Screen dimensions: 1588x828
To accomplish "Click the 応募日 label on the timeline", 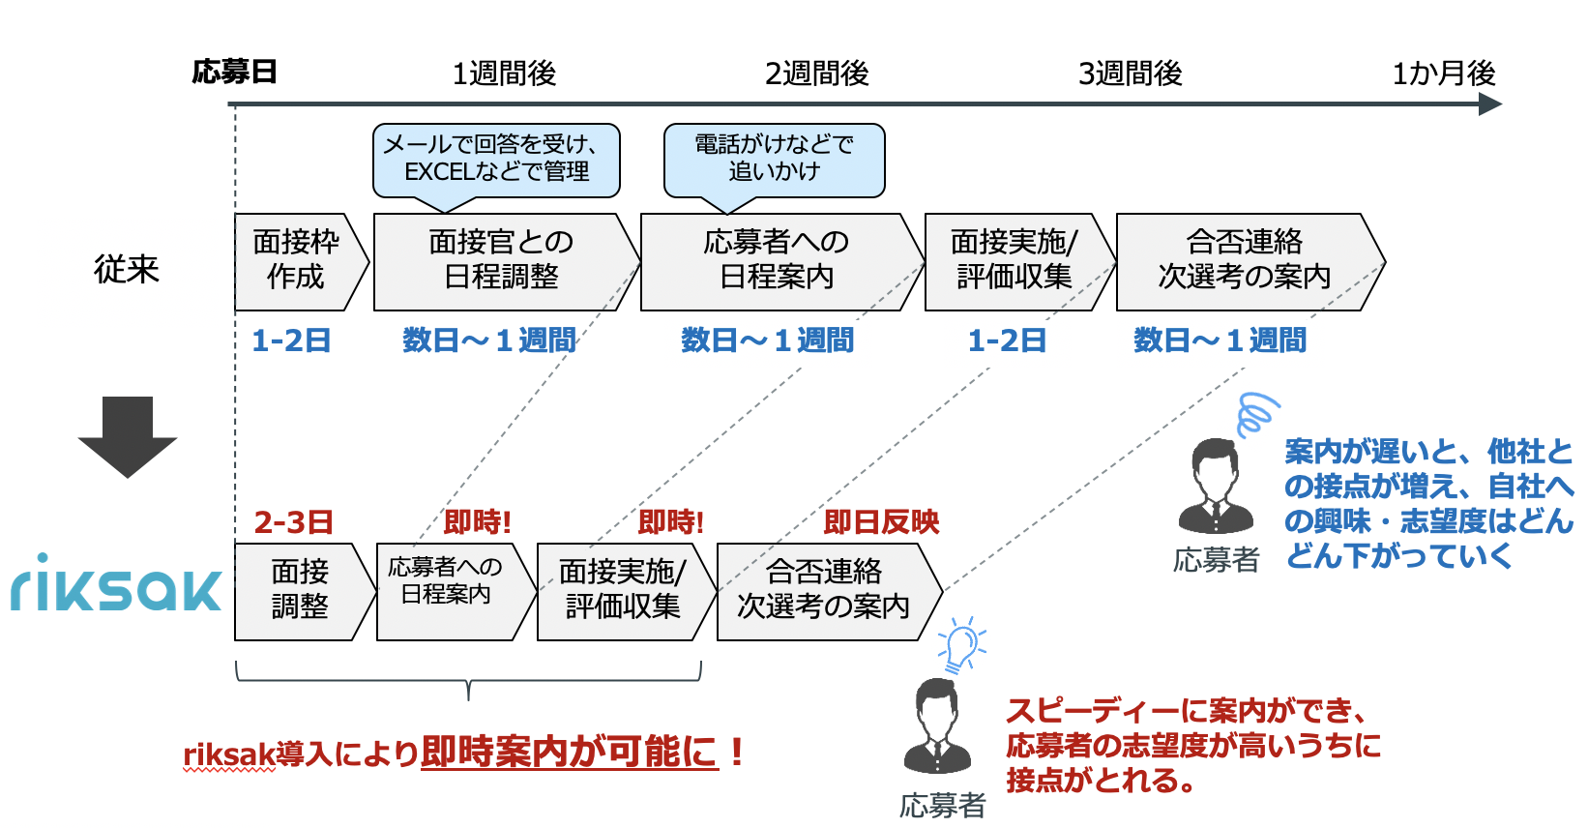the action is coord(234,73).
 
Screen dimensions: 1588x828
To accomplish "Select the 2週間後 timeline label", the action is coord(816,74).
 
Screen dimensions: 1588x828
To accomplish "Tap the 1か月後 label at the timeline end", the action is coord(1444,74).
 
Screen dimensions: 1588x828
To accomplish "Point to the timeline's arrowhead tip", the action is coord(1502,104).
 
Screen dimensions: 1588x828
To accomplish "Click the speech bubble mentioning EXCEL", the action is coord(496,161).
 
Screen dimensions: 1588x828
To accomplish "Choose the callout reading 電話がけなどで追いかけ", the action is coord(774,161).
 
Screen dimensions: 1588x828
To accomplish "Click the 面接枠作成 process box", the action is coord(302,262).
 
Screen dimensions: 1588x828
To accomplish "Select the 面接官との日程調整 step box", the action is coord(506,262).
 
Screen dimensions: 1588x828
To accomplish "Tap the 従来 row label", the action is coord(126,269).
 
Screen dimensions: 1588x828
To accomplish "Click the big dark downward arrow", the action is coord(128,436).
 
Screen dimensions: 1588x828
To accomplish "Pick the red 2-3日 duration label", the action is coord(293,523).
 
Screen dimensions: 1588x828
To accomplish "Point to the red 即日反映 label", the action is coord(881,523).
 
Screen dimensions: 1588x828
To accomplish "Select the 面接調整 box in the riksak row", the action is coord(305,592).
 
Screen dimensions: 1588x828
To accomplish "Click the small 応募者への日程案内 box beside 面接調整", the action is coord(456,592).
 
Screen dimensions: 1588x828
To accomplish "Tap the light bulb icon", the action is coord(962,644).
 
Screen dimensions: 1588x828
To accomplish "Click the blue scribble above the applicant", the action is coord(1257,414).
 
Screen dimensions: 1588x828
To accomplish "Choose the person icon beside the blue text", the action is coord(1216,487).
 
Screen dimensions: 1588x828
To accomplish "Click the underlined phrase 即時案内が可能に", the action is coord(570,753).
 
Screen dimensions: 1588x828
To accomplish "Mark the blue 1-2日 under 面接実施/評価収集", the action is coord(1007,341).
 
